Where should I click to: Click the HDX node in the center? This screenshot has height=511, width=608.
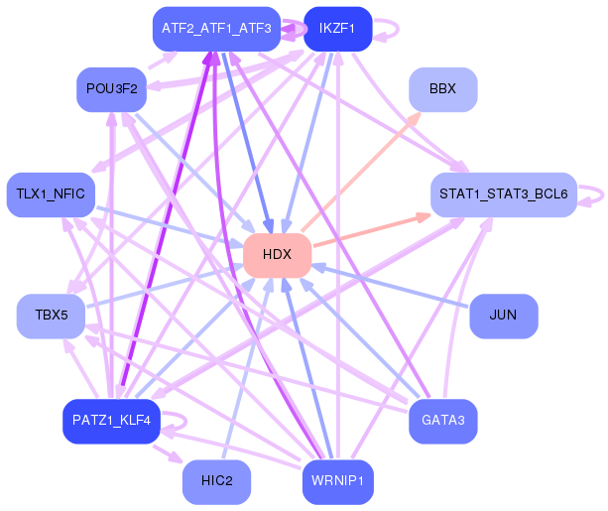coord(278,255)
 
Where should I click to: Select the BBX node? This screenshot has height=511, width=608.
coord(442,89)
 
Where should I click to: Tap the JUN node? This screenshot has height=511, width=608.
coord(503,316)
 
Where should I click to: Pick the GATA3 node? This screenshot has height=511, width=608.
coord(442,421)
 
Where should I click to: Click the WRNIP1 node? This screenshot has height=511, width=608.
coord(338,482)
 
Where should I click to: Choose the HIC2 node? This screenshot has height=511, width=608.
coord(216,482)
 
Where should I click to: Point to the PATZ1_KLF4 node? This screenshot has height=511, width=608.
coord(111,421)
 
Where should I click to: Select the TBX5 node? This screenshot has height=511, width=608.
coord(51,316)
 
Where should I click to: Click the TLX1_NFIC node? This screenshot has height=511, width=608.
coord(51,194)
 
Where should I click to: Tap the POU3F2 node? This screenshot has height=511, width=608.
coord(111,89)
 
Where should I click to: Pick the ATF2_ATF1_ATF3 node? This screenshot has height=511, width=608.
coord(216,29)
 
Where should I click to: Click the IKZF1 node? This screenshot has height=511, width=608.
coord(338,29)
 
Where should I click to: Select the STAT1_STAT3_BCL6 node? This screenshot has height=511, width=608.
coord(503,194)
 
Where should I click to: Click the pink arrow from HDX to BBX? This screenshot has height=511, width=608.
coord(361,172)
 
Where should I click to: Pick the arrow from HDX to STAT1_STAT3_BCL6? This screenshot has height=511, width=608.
coord(372,229)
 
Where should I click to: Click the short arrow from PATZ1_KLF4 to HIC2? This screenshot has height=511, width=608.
coord(168,453)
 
